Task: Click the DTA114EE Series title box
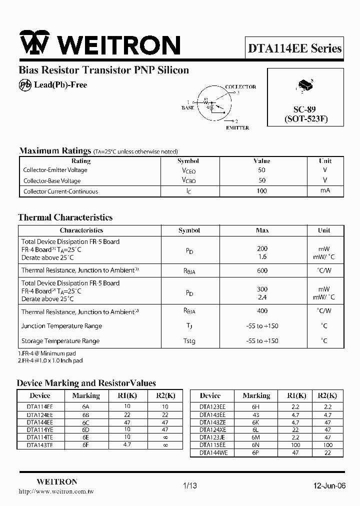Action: (x=294, y=48)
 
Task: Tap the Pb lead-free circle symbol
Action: (x=25, y=85)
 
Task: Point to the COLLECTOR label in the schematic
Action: (x=240, y=87)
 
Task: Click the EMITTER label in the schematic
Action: (x=237, y=128)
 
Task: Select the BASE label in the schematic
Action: (x=187, y=108)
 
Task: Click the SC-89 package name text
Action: (x=304, y=109)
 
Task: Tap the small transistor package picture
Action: (x=304, y=85)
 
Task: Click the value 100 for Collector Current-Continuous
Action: (x=261, y=191)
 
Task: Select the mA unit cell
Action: (x=325, y=191)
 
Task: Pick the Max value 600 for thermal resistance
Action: (x=261, y=270)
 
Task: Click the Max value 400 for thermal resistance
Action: (x=261, y=311)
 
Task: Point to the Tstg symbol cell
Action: (x=189, y=341)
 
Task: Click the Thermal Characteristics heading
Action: (x=65, y=217)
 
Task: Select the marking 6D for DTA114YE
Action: (x=86, y=429)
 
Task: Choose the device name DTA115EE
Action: (x=212, y=444)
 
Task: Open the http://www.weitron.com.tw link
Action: (x=56, y=491)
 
